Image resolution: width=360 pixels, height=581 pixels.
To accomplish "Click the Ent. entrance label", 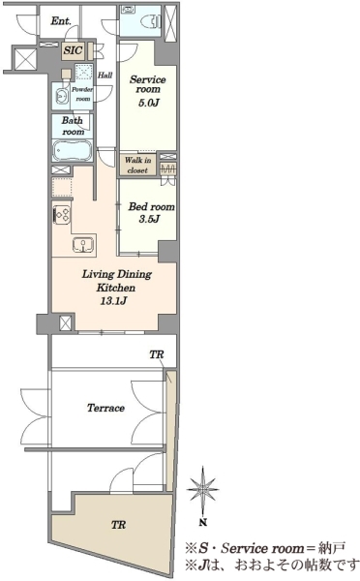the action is click(x=61, y=20).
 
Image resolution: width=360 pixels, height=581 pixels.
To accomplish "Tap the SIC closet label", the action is click(x=73, y=50).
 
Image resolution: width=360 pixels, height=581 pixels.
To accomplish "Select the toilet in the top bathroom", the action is click(x=151, y=20).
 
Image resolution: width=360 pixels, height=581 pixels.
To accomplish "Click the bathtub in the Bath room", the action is click(x=73, y=150).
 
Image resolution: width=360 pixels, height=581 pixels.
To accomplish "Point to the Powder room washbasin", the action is click(x=62, y=97).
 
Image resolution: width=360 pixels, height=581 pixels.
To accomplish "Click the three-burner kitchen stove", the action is click(x=62, y=215).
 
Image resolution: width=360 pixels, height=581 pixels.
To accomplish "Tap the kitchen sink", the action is click(x=83, y=245).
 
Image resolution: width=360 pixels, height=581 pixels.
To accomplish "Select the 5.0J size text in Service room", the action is click(x=149, y=103).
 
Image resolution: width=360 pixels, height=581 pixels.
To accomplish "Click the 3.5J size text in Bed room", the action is click(x=149, y=219).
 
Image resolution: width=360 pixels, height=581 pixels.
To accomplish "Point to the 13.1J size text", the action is click(x=113, y=300).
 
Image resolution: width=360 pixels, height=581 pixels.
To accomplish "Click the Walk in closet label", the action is click(x=137, y=166).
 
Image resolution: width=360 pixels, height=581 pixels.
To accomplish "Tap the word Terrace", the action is click(x=105, y=408).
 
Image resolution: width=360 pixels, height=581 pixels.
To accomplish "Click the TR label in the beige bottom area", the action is click(x=118, y=525).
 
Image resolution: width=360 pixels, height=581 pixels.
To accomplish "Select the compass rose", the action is click(x=202, y=490).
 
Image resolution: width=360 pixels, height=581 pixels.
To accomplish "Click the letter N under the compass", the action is click(x=202, y=523).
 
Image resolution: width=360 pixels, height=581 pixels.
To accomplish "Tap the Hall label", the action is click(x=105, y=76).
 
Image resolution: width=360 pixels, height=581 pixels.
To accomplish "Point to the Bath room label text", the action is click(x=73, y=126).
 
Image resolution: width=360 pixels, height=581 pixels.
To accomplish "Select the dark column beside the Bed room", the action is click(x=168, y=252).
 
